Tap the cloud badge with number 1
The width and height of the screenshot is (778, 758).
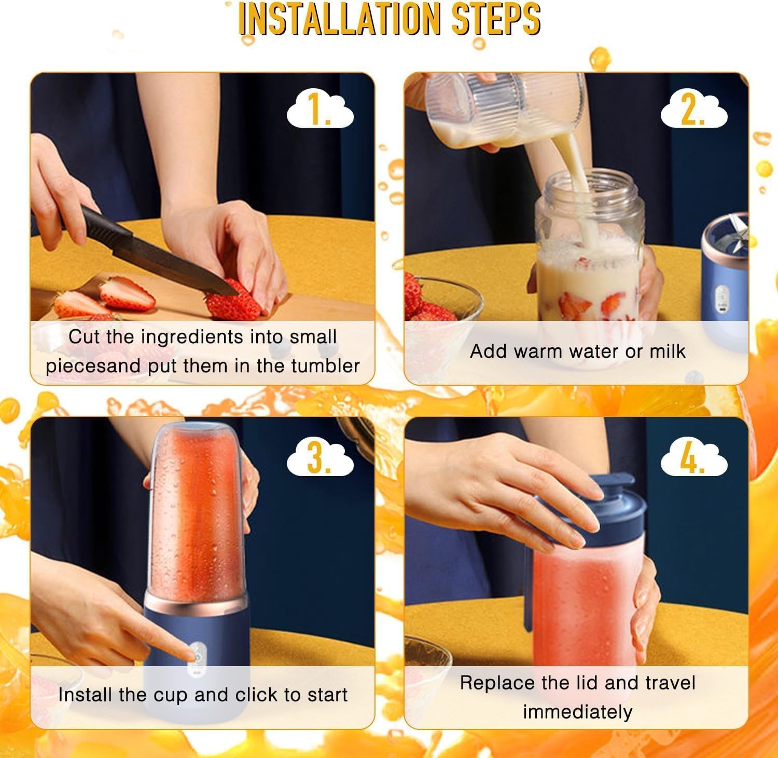(320, 111)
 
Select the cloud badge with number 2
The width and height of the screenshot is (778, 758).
(693, 111)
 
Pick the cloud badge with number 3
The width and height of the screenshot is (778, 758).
(320, 458)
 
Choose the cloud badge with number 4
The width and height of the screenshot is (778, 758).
(693, 458)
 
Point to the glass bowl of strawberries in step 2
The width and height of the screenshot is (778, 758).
(441, 301)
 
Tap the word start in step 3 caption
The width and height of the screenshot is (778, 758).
(327, 695)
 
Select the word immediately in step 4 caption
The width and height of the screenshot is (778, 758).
(577, 712)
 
